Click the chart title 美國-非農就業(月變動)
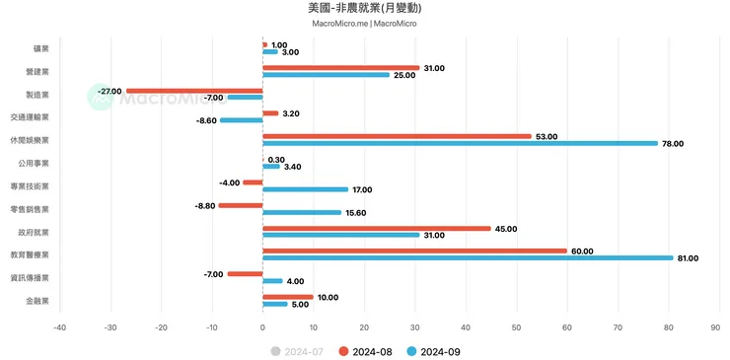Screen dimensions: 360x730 pyautogui.click(x=365, y=8)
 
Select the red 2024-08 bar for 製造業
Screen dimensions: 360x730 pyautogui.click(x=194, y=91)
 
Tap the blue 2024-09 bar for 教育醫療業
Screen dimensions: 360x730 pyautogui.click(x=468, y=257)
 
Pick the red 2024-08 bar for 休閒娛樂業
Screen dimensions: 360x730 pyautogui.click(x=397, y=136)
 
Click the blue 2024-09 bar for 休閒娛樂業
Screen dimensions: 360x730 pyautogui.click(x=460, y=143)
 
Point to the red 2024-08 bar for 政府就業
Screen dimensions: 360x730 pyautogui.click(x=377, y=228)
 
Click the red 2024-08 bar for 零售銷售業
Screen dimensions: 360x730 pyautogui.click(x=241, y=205)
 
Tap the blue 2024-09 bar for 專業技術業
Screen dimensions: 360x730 pyautogui.click(x=306, y=189)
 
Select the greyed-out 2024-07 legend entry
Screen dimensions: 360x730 pyautogui.click(x=299, y=351)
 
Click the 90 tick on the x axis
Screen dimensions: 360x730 pyautogui.click(x=720, y=327)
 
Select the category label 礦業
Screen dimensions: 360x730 pyautogui.click(x=40, y=48)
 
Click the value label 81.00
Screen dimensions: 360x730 pyautogui.click(x=687, y=258)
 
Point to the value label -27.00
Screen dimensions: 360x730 pyautogui.click(x=109, y=91)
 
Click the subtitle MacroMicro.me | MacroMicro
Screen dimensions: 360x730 pyautogui.click(x=365, y=24)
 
